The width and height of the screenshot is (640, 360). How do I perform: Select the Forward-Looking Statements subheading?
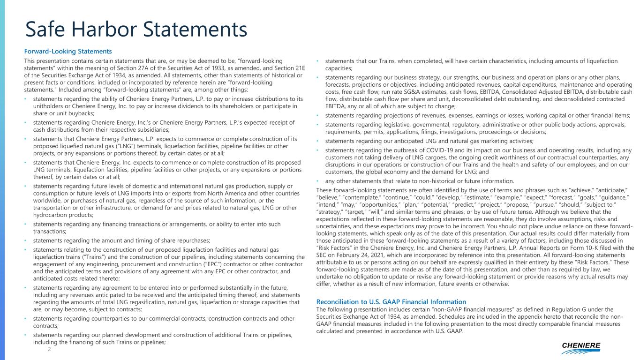tap(68, 51)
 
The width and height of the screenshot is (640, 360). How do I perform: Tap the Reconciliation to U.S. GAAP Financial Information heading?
tap(392, 301)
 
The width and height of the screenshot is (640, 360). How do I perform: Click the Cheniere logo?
tap(581, 347)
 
